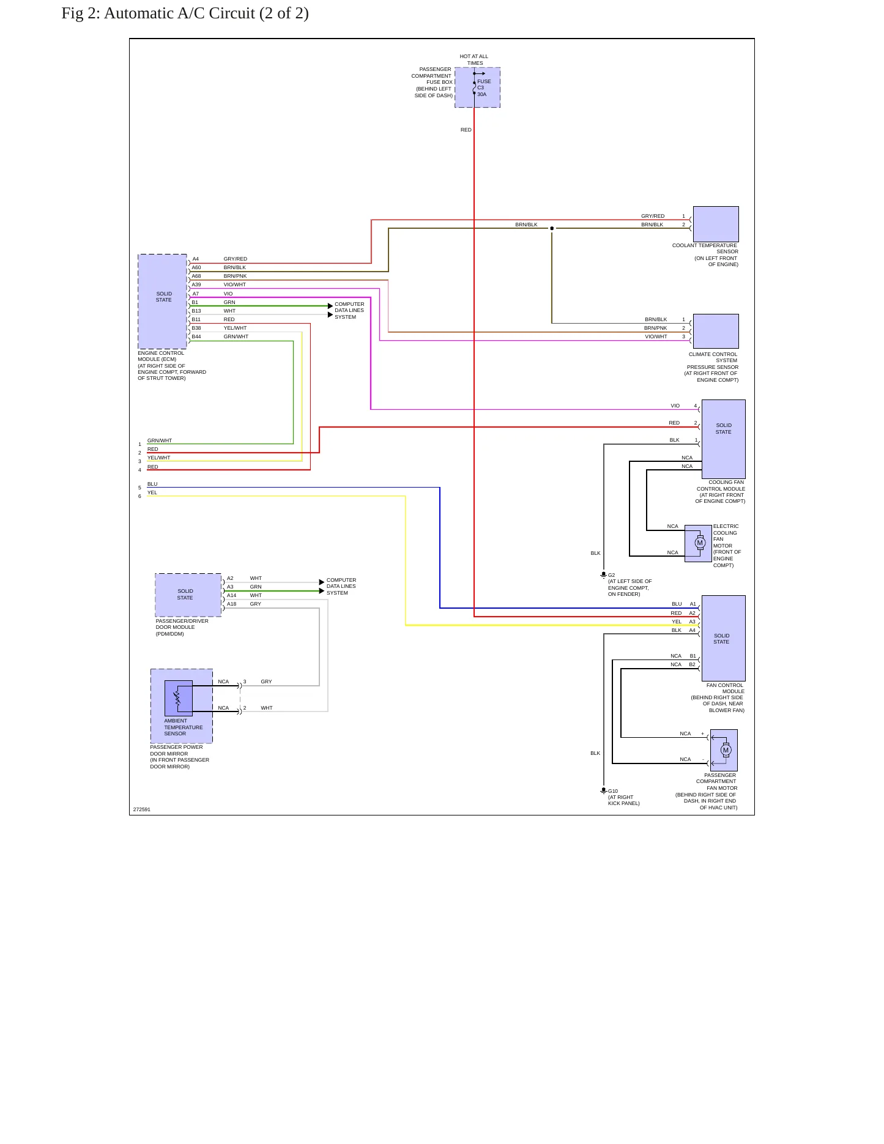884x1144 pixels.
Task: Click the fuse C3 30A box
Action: coord(477,87)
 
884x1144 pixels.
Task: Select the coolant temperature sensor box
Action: coord(716,224)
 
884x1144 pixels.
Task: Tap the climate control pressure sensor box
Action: coord(716,331)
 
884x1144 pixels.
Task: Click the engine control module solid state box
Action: coord(163,302)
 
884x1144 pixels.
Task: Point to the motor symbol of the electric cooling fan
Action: coord(700,543)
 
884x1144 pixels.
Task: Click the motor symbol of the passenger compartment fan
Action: coord(726,750)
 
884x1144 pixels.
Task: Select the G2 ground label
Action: coord(612,575)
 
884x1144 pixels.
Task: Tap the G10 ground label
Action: coord(613,791)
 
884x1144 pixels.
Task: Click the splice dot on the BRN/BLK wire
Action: coord(552,228)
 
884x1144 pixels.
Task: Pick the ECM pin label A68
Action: coord(196,276)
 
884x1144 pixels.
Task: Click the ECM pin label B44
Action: coord(196,336)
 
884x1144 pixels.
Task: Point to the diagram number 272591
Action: coord(142,809)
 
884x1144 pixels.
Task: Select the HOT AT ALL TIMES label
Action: coord(474,59)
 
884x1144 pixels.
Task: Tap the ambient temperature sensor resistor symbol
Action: coord(177,697)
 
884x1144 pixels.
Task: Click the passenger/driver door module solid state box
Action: coord(188,595)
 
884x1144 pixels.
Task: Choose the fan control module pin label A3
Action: coord(693,622)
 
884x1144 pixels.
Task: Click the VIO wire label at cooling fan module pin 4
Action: coord(675,406)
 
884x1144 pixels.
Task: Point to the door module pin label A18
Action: coord(232,604)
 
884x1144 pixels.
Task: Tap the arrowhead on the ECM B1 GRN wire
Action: coord(330,306)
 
